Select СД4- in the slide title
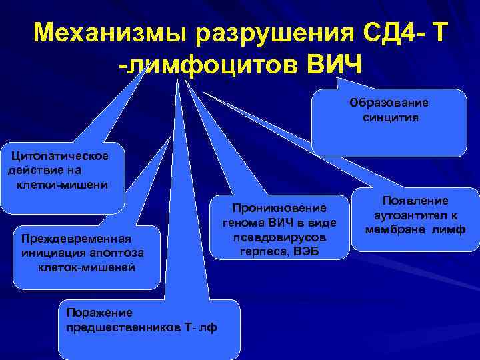[x=385, y=32]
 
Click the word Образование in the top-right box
[x=390, y=103]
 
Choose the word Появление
[x=415, y=201]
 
